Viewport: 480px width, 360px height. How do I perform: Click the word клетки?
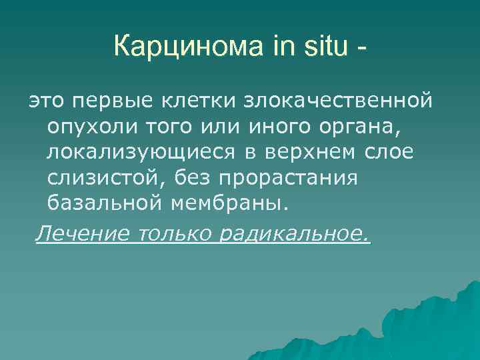pos(198,101)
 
